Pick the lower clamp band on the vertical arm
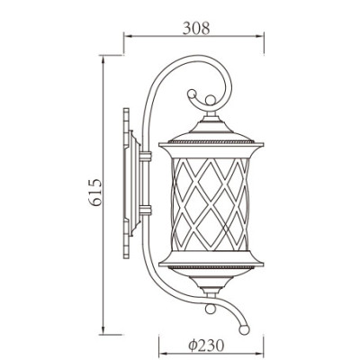click(145, 212)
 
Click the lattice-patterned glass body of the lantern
click(210, 202)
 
